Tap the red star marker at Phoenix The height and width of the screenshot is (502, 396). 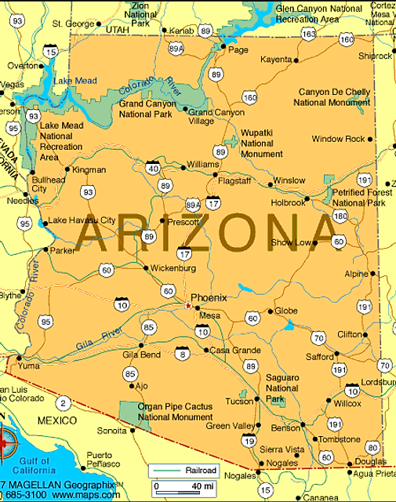[x=187, y=304]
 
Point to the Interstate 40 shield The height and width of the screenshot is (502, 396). [x=153, y=166]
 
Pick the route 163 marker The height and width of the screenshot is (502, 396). [x=308, y=34]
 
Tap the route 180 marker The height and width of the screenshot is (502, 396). [x=340, y=216]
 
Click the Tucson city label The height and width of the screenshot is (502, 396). [x=239, y=401]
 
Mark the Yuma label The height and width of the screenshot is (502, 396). [x=29, y=365]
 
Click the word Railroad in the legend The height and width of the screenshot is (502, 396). [x=202, y=470]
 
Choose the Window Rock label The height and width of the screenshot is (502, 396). [x=338, y=139]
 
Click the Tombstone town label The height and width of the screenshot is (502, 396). [x=339, y=439]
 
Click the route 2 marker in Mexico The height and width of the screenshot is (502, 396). [x=63, y=403]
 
